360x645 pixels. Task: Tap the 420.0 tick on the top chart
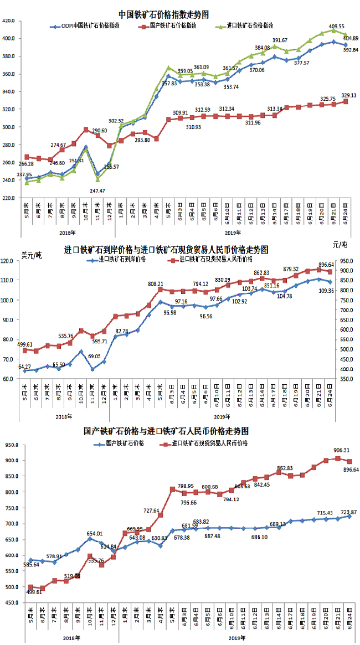pyautogui.click(x=11, y=21)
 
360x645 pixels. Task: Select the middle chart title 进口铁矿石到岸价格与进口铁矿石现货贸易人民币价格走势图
pyautogui.click(x=166, y=250)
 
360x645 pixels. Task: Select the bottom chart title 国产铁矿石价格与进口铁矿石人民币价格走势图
pyautogui.click(x=166, y=430)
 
